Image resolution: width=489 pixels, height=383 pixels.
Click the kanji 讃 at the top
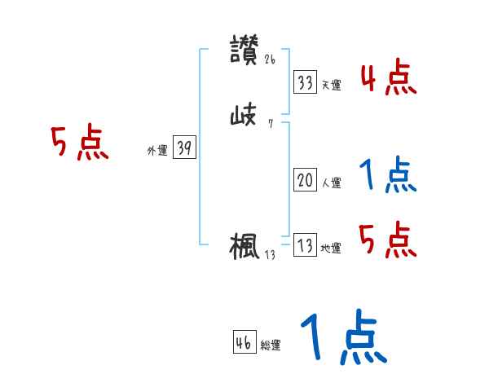[x=244, y=50]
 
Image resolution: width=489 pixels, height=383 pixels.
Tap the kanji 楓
[x=244, y=246]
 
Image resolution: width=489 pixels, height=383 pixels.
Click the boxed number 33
[x=305, y=82]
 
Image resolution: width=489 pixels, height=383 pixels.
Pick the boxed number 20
[x=305, y=181]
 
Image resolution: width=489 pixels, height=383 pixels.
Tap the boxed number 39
[x=184, y=148]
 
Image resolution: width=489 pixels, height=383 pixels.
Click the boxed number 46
[x=244, y=343]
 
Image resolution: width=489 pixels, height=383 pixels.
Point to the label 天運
[x=331, y=85]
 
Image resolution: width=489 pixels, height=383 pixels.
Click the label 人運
[x=331, y=183]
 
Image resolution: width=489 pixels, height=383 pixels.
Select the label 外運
[x=156, y=151]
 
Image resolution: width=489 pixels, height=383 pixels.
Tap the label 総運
[x=271, y=346]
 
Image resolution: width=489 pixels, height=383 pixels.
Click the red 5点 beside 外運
[x=80, y=144]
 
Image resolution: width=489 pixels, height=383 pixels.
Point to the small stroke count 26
[x=271, y=59]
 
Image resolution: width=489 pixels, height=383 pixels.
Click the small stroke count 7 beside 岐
[x=270, y=125]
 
